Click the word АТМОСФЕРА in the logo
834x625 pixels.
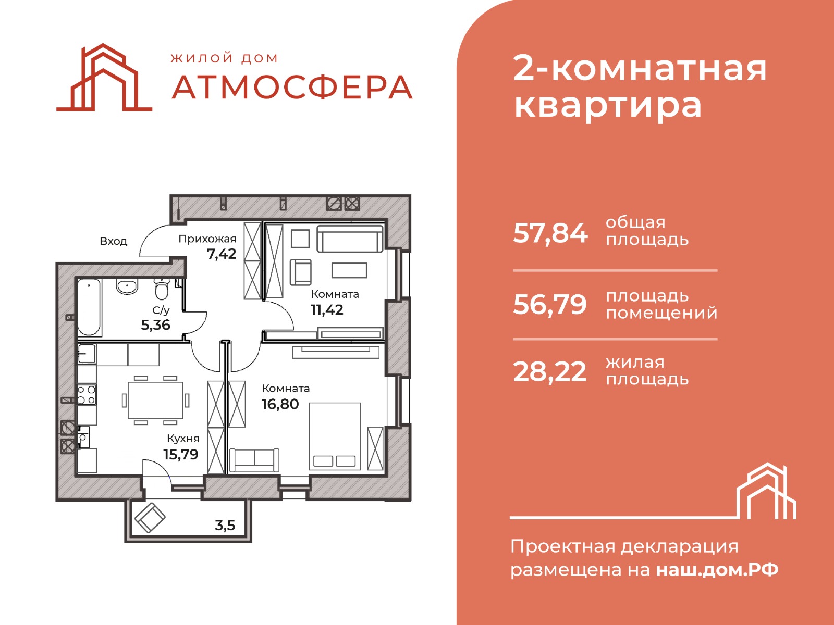[292, 87]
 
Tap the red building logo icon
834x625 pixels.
[104, 78]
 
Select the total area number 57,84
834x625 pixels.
[550, 233]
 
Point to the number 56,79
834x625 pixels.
[550, 304]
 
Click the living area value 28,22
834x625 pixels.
[550, 372]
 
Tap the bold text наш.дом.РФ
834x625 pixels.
[717, 569]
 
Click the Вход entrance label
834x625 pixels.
[113, 241]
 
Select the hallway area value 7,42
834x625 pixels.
[222, 254]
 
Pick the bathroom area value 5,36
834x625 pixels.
[155, 325]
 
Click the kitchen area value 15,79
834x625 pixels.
[181, 454]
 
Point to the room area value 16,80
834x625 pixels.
[280, 404]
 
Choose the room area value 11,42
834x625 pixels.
[327, 310]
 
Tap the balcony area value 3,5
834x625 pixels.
[225, 525]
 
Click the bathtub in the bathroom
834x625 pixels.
[89, 307]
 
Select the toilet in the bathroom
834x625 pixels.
[162, 289]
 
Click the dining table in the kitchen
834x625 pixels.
[155, 400]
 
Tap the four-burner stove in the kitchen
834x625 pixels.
[87, 395]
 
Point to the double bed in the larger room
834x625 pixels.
[335, 436]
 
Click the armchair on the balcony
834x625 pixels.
[150, 517]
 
